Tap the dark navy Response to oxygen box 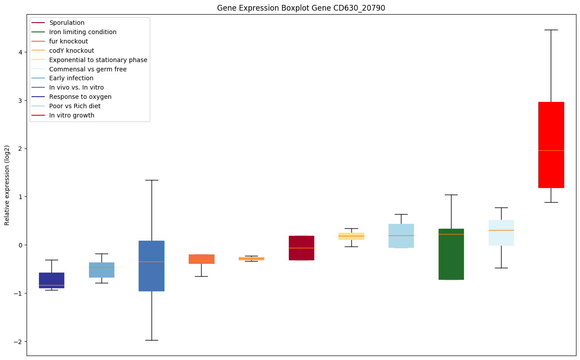(x=51, y=280)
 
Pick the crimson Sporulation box (x=301, y=248)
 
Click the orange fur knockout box (x=201, y=259)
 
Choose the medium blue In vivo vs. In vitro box (x=152, y=266)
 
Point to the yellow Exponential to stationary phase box (x=351, y=236)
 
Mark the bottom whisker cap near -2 (x=152, y=340)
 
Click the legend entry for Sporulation (x=67, y=23)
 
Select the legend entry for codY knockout (x=72, y=51)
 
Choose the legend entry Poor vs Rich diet (x=75, y=106)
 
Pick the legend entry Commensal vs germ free (x=88, y=69)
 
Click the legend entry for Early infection (x=71, y=78)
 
